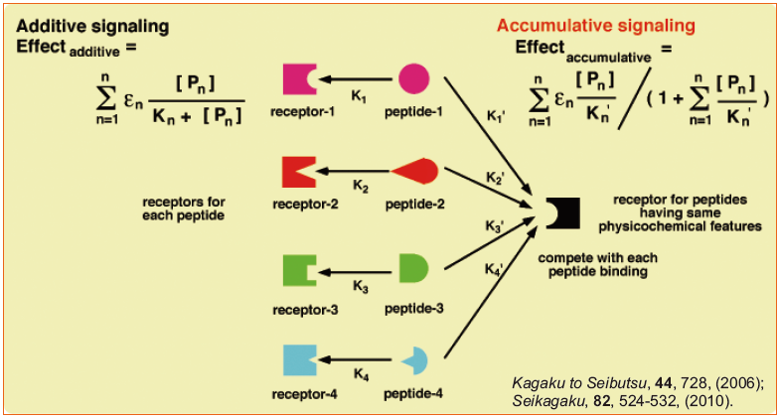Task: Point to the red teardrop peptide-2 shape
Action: (415, 172)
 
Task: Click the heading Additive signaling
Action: (93, 25)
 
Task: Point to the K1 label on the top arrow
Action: (359, 97)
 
